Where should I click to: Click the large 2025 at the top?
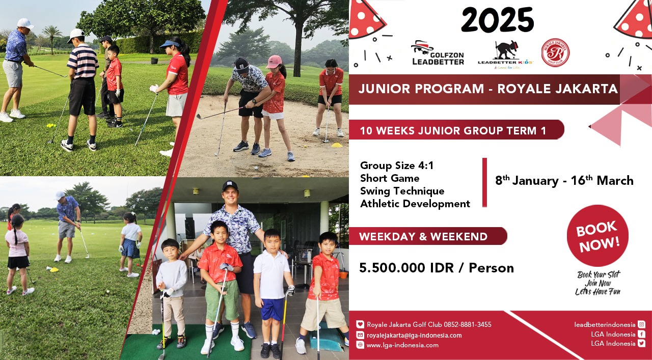498,19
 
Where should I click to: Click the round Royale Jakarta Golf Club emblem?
555,52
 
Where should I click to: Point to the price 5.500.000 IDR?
406,268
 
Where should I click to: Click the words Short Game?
390,178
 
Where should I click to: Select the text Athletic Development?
415,204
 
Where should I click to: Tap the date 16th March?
602,180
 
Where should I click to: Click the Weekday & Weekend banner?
428,236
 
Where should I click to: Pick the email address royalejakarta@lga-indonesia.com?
414,335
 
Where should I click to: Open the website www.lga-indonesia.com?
402,345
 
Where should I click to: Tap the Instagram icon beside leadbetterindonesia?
641,324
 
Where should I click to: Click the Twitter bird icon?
641,343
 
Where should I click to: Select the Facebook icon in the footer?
641,334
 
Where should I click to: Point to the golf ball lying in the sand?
256,168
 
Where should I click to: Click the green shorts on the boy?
222,300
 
